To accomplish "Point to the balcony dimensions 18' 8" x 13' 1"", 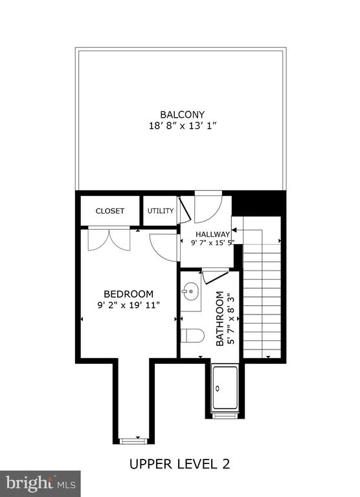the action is (183, 126).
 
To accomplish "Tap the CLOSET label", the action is (109, 211).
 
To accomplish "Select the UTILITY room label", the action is (161, 211).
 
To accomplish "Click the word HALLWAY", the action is (212, 234).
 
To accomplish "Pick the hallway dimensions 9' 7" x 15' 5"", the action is (212, 243).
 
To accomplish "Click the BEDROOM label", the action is (128, 294).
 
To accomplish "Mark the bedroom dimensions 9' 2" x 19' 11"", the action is (128, 305).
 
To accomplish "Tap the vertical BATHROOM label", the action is (219, 318).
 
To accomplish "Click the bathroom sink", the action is (190, 291).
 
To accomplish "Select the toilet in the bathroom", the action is (192, 336).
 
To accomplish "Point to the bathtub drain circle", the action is (218, 388).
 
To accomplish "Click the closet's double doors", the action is (109, 238).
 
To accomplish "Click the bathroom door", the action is (216, 276).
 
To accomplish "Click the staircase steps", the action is (262, 301).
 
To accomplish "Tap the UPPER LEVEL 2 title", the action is (179, 464).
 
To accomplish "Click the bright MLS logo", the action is (40, 484).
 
